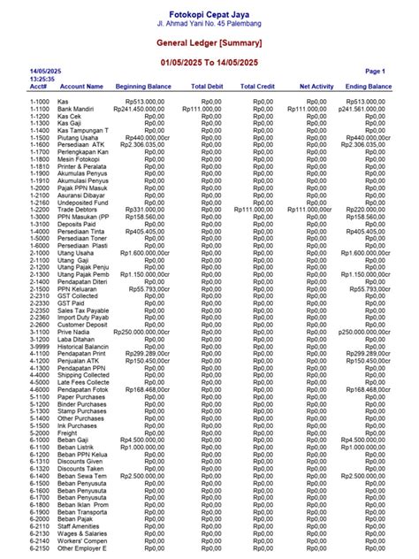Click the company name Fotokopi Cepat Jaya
coord(209,10)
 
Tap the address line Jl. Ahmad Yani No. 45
coord(209,22)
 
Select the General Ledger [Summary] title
coord(209,42)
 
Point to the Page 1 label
coord(375,70)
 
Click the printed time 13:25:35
coord(42,78)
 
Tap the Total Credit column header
coord(259,87)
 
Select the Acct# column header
coord(38,87)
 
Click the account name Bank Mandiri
coord(77,109)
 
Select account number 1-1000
coord(40,102)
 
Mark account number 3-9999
coord(40,346)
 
